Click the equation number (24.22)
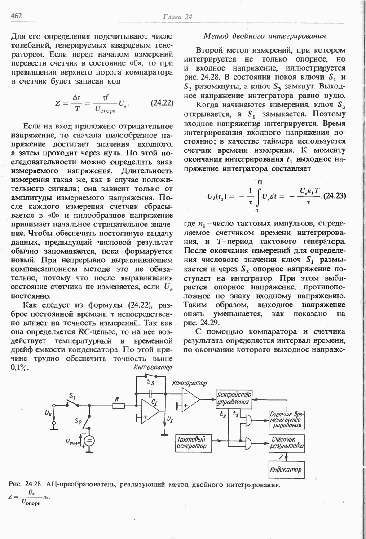[x=162, y=102]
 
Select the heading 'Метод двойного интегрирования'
[x=265, y=35]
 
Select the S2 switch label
[x=78, y=422]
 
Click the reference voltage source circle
[x=89, y=441]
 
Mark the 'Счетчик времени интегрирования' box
[x=286, y=419]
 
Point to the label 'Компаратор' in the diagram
[x=189, y=383]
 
